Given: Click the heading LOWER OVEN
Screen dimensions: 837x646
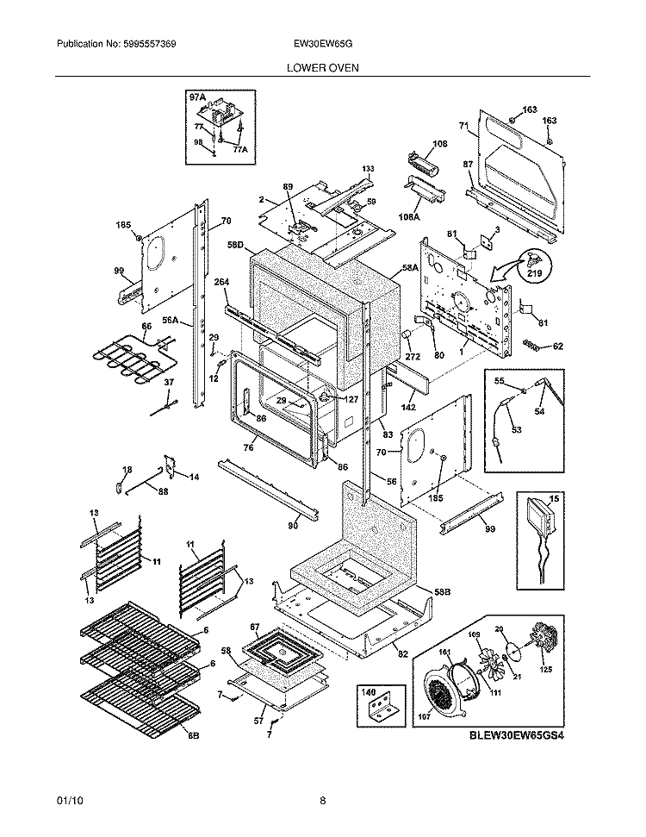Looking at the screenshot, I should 323,66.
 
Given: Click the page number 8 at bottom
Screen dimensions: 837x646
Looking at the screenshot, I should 323,801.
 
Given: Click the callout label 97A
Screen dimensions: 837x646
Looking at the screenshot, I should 197,98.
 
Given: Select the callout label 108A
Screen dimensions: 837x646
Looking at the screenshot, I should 408,217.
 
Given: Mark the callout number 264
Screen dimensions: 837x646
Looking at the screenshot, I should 221,282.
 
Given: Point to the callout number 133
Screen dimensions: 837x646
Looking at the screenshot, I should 368,169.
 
